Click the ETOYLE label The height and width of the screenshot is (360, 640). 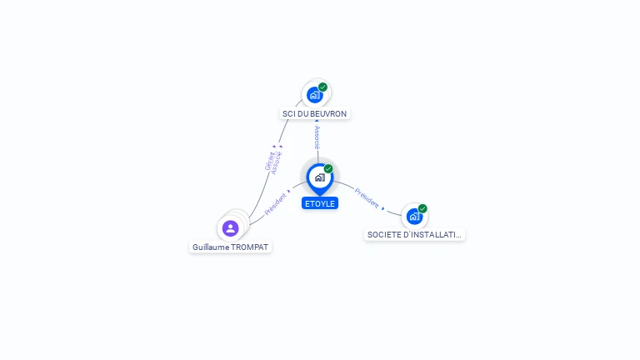pos(320,202)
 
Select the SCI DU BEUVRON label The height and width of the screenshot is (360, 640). pos(315,113)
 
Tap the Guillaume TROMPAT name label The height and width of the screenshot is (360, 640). pos(231,247)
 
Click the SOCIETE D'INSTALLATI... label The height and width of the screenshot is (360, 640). pos(414,235)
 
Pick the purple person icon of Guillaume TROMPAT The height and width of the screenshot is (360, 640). pos(231,227)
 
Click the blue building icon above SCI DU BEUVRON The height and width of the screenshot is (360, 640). pos(314,94)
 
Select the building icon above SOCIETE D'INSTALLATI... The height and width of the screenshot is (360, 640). pos(413,217)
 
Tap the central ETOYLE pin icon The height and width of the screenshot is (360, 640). pos(319,177)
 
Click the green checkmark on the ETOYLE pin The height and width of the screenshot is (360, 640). pos(328,169)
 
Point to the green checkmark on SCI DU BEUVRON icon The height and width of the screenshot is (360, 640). pos(322,87)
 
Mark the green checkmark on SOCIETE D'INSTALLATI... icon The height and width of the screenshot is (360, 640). pos(422,208)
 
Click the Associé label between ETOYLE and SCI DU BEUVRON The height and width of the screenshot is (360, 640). pos(317,137)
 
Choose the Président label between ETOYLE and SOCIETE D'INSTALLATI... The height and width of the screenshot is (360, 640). pos(367,197)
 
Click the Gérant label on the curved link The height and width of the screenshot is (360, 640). pos(270,161)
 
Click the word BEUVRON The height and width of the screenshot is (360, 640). pos(329,113)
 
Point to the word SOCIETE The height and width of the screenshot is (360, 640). pos(384,235)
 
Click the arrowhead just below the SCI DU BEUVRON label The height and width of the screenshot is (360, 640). pos(317,122)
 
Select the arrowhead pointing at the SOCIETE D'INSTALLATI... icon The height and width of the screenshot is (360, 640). pos(383,207)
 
